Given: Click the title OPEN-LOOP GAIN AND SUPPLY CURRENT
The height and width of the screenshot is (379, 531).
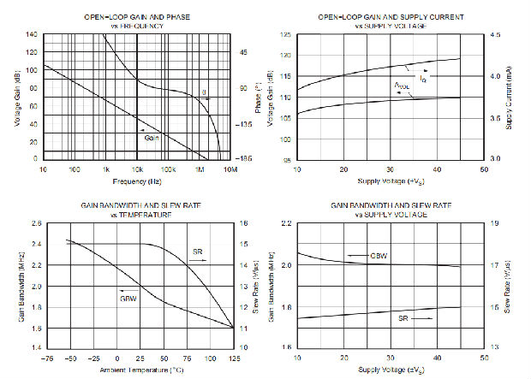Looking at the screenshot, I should point(391,17).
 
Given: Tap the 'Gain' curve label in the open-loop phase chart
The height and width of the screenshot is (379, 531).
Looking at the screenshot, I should point(152,138).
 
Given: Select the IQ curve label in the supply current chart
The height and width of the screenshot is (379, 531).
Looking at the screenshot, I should point(423,79).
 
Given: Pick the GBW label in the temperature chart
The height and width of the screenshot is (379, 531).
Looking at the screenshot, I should point(128,299).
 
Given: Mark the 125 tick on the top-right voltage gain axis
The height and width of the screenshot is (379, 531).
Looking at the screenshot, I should point(284,35).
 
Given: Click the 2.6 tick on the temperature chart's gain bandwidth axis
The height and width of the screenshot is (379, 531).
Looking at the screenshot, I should point(33,224).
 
